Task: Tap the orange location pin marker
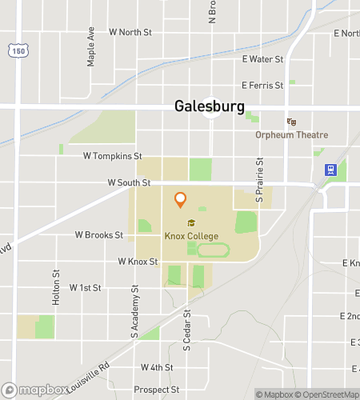point(180,199)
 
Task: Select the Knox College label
point(190,236)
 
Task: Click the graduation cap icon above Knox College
point(190,223)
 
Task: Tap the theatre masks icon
point(291,122)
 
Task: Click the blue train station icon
point(328,170)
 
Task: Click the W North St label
point(130,32)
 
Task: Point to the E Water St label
point(262,59)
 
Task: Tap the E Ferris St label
point(262,85)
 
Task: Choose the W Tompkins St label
point(113,156)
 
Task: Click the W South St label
point(129,182)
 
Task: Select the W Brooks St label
point(98,235)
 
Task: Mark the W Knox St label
point(138,262)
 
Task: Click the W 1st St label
point(86,286)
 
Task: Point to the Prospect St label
point(157,390)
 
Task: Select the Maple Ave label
point(91,50)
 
